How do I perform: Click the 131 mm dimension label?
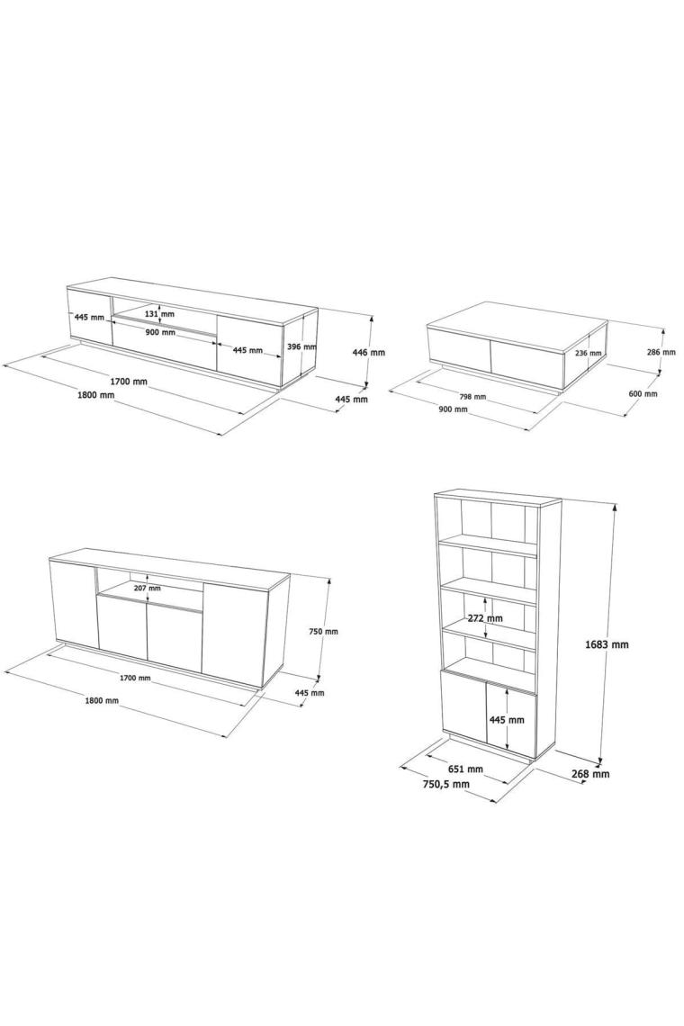[x=159, y=314]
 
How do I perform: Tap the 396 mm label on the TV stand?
[x=301, y=346]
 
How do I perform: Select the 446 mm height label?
[x=368, y=352]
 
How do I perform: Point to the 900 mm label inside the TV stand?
[x=159, y=332]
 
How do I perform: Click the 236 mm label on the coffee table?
[x=587, y=354]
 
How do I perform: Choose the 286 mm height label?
[x=661, y=352]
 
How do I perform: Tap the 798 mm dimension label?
[x=472, y=397]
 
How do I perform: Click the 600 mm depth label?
[x=643, y=394]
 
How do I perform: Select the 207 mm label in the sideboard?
[x=147, y=589]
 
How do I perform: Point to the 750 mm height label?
[x=324, y=632]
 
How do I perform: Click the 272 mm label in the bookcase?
[x=486, y=618]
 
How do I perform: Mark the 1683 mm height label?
[x=607, y=644]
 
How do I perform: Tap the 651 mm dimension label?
[x=466, y=769]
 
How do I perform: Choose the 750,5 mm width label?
[x=445, y=784]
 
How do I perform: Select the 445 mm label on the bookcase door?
[x=507, y=720]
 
